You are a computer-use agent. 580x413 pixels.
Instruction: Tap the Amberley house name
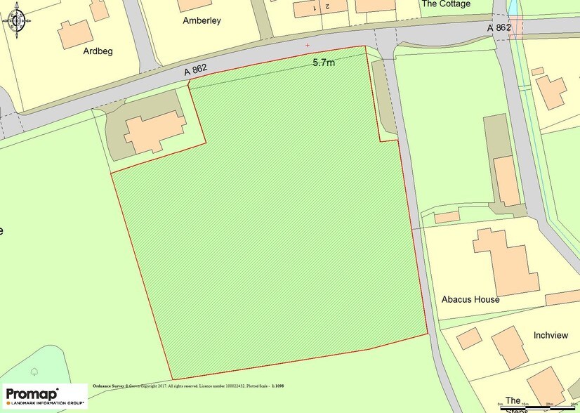[202, 20]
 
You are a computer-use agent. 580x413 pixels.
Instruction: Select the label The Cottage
[445, 4]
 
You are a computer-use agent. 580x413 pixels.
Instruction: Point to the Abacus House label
[470, 299]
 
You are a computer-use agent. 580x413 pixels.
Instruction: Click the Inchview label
[550, 335]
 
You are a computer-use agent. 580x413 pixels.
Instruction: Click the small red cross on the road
[307, 45]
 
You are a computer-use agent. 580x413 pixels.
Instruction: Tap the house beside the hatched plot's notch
[155, 131]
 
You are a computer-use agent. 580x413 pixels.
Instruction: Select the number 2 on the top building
[327, 6]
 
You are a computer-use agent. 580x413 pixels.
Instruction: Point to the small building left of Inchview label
[468, 339]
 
